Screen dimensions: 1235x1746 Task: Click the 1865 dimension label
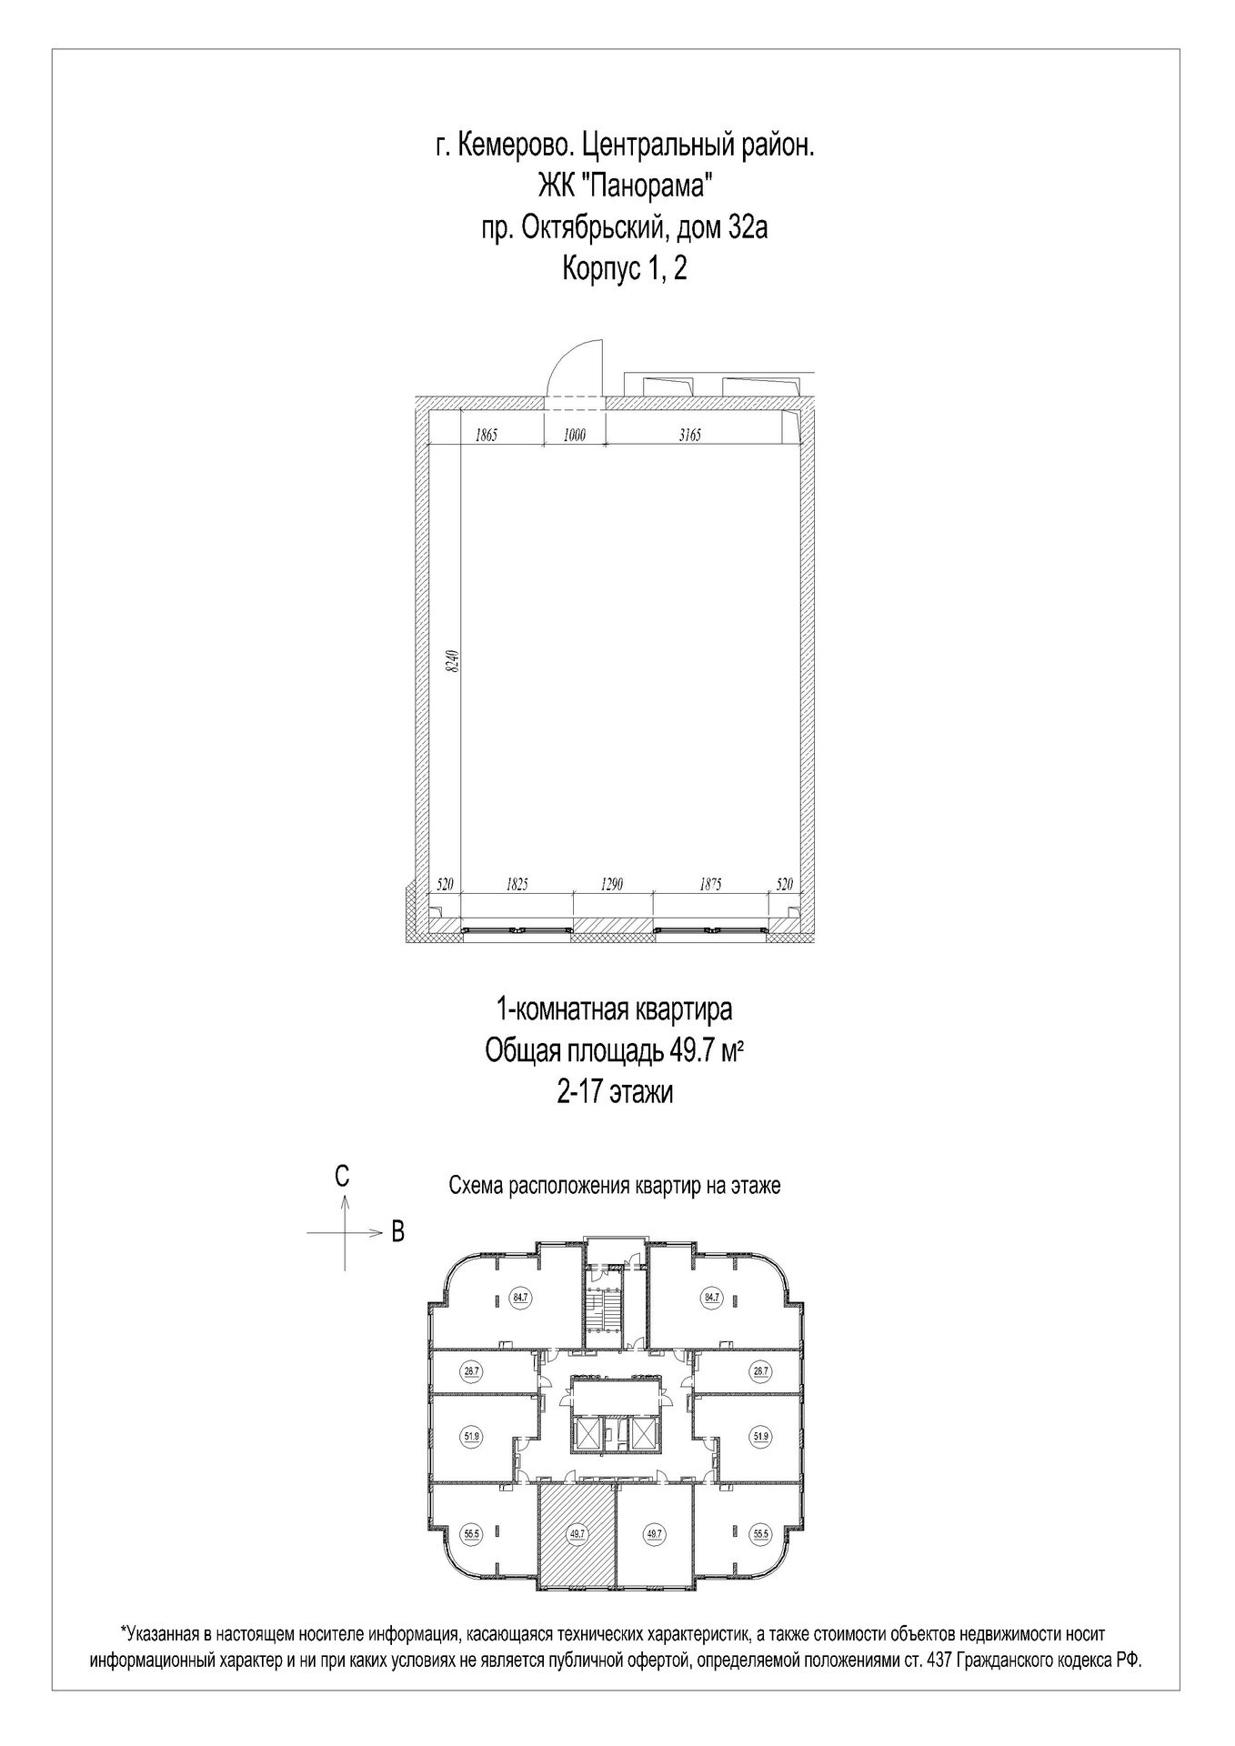point(487,436)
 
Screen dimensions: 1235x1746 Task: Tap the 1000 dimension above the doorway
point(574,436)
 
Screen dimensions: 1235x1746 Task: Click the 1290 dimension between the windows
point(611,884)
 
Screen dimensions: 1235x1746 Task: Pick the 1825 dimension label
point(516,884)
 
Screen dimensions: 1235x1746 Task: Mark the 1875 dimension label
point(710,884)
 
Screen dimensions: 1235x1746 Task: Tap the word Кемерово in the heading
point(512,145)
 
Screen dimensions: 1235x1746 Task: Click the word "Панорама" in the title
point(645,186)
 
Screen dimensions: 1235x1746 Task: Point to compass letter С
point(341,1176)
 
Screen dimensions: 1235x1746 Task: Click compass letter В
point(397,1232)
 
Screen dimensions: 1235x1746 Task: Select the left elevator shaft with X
point(588,1434)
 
